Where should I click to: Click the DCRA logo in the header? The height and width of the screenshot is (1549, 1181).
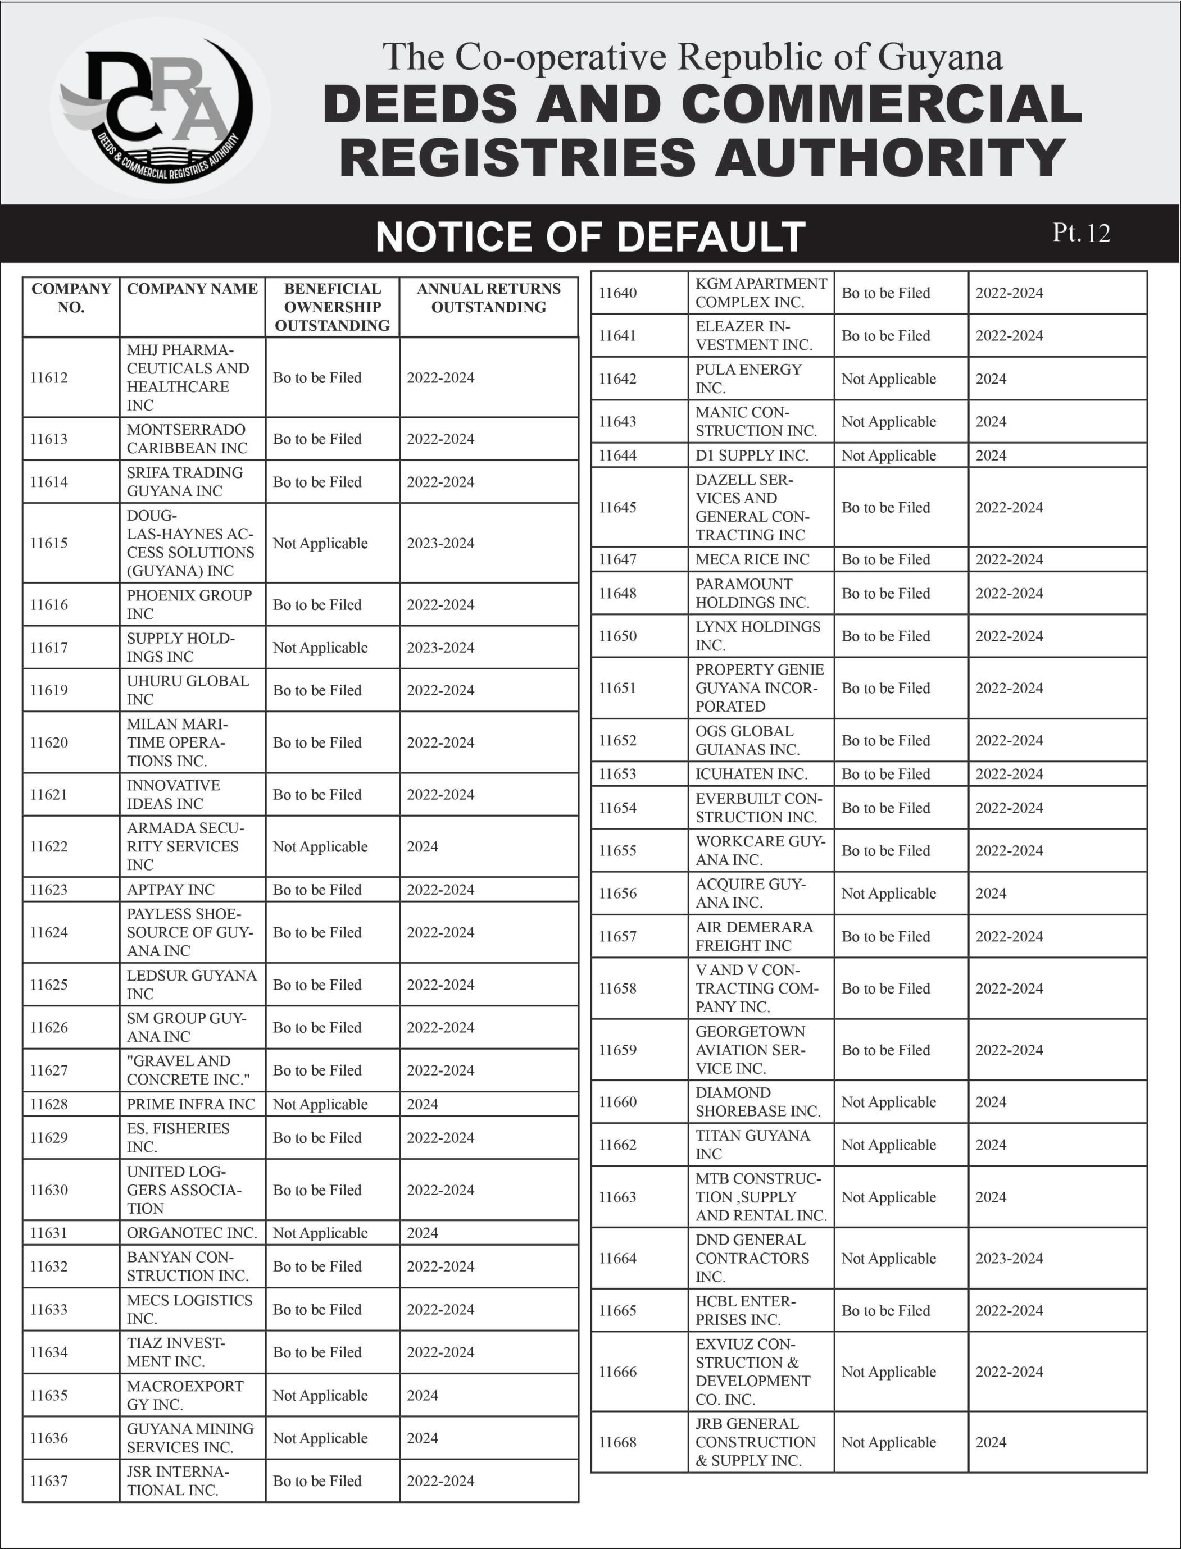point(160,107)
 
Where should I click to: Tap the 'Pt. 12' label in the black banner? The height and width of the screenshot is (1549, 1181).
point(1081,233)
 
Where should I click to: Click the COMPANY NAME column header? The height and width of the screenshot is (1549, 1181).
point(192,289)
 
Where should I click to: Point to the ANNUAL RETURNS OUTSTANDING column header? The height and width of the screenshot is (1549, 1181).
point(489,298)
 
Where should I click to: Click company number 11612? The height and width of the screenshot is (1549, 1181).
point(49,378)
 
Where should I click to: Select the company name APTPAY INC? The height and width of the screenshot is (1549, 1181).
point(171,890)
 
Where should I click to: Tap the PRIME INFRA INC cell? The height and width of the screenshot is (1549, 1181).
point(190,1104)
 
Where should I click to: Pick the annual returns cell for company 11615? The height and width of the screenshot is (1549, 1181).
point(440,543)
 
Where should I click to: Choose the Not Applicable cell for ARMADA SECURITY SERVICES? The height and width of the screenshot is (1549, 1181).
point(321,847)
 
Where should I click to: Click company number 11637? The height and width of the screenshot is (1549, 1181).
point(49,1481)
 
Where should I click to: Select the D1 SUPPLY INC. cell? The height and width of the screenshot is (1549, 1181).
point(752,455)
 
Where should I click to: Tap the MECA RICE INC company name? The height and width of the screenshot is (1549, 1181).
point(753,559)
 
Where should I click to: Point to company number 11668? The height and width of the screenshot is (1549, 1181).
point(618,1442)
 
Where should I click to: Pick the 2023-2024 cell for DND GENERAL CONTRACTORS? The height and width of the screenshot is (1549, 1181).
point(1010,1259)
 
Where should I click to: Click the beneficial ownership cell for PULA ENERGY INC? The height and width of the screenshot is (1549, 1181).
point(889,379)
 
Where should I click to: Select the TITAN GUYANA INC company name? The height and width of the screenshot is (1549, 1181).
point(753,1145)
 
